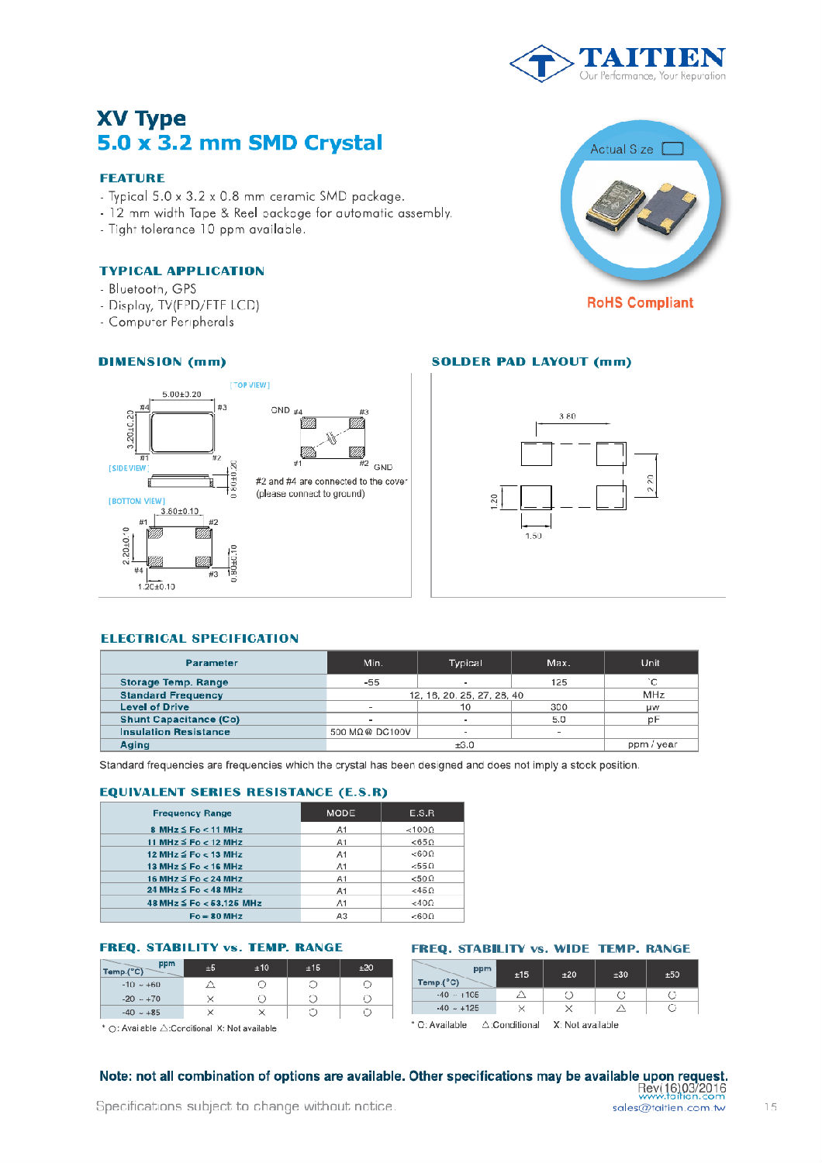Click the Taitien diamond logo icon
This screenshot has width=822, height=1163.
pyautogui.click(x=542, y=64)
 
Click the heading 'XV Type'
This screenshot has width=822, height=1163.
pyautogui.click(x=141, y=119)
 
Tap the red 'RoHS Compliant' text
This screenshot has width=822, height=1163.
pyautogui.click(x=640, y=303)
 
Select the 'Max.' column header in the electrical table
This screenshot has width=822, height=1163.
pyautogui.click(x=558, y=663)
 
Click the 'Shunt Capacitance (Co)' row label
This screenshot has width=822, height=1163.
pyautogui.click(x=180, y=720)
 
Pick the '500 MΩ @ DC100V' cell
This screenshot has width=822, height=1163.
pyautogui.click(x=371, y=732)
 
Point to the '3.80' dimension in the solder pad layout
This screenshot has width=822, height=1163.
pyautogui.click(x=568, y=416)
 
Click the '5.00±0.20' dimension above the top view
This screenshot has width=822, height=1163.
pyautogui.click(x=181, y=394)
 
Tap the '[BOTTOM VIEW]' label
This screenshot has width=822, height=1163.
pyautogui.click(x=136, y=501)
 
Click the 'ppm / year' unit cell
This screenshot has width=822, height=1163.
pyautogui.click(x=652, y=745)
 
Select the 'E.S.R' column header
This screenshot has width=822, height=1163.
pyautogui.click(x=422, y=813)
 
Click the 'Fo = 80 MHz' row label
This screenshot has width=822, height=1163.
pyautogui.click(x=216, y=916)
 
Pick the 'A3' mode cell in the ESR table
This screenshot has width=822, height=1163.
pyautogui.click(x=341, y=916)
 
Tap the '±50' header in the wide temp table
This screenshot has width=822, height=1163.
pyautogui.click(x=672, y=975)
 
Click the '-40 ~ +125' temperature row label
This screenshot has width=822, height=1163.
pyautogui.click(x=458, y=1008)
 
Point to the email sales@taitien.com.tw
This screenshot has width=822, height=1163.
pyautogui.click(x=668, y=1108)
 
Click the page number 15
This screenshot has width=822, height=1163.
pyautogui.click(x=770, y=1107)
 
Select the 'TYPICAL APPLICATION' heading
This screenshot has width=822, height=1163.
pyautogui.click(x=181, y=271)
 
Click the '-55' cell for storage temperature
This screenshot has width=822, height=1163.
pyautogui.click(x=371, y=682)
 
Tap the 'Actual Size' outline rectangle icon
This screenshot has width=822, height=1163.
pyautogui.click(x=672, y=149)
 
